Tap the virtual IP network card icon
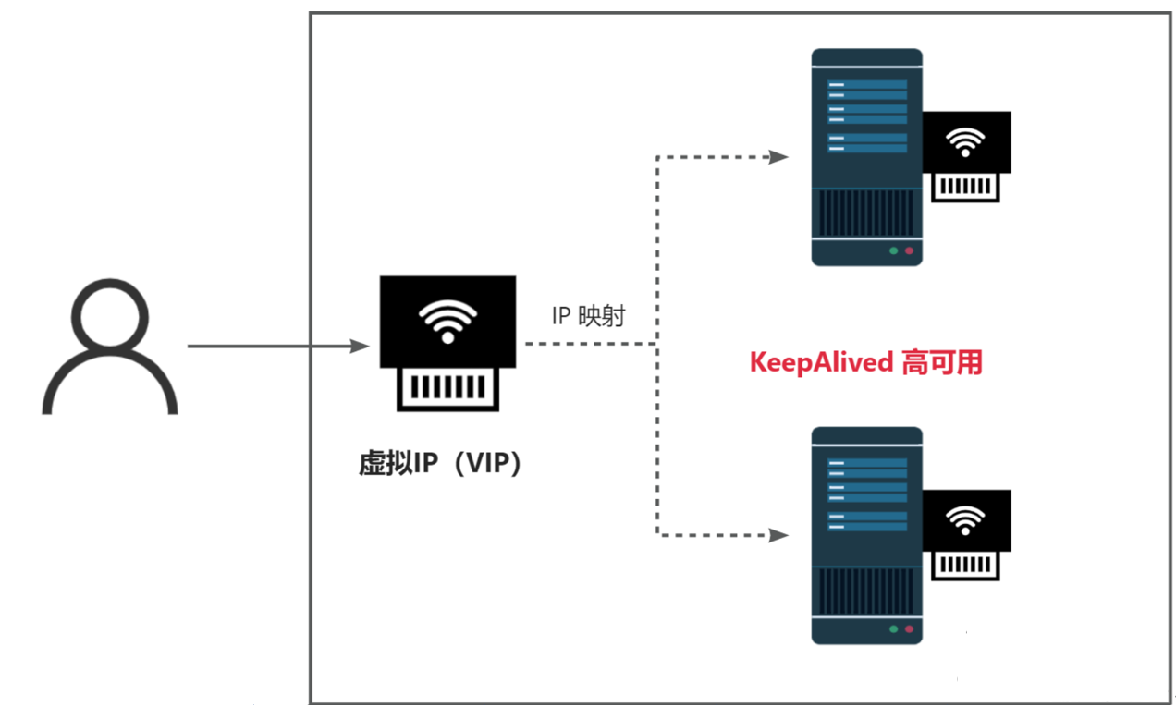[x=447, y=343]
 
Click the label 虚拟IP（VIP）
[x=441, y=463]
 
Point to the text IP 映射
[x=588, y=316]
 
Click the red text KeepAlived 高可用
[x=865, y=363]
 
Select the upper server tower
[x=866, y=157]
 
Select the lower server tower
[x=866, y=535]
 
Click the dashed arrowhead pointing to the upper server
[x=778, y=157]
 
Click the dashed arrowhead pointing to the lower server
[x=778, y=534]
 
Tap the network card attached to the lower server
[x=966, y=533]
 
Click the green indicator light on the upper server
[x=893, y=250]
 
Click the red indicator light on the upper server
[x=909, y=250]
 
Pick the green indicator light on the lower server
[x=893, y=628]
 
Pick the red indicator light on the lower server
[x=909, y=628]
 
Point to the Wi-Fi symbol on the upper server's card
[x=966, y=142]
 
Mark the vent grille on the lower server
[x=866, y=591]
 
